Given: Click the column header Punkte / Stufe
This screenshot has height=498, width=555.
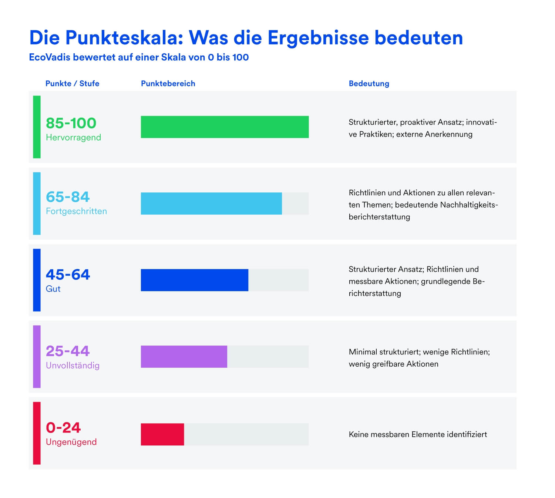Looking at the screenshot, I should [x=72, y=83].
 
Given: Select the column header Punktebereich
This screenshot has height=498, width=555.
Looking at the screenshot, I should [x=168, y=83].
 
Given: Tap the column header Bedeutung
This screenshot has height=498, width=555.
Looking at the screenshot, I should [x=369, y=83].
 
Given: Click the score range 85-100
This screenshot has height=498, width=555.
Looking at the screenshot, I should [x=71, y=123].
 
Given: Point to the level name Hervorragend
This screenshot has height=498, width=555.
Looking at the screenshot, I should [x=73, y=137].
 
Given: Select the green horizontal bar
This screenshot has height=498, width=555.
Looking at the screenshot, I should [x=225, y=127].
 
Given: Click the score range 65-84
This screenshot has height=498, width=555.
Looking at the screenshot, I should [x=68, y=197].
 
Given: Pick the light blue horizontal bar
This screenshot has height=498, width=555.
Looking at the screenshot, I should [x=211, y=203].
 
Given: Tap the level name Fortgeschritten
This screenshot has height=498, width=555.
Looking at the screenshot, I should [x=76, y=211].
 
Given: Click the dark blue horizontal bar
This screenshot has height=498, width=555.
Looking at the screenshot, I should [x=194, y=280].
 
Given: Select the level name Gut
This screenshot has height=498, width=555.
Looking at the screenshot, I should [x=53, y=289].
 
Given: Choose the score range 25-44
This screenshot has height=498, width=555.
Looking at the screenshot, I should [x=68, y=351].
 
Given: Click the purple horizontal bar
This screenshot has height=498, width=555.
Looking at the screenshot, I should [x=184, y=357].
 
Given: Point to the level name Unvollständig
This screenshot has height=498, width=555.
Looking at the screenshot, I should [x=73, y=365].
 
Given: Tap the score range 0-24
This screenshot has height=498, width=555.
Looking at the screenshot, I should [x=63, y=428].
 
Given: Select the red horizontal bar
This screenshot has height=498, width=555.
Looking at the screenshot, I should [x=162, y=434].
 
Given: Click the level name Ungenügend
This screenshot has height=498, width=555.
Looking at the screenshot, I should [x=71, y=442].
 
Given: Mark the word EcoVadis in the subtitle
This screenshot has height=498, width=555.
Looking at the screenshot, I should [x=50, y=57].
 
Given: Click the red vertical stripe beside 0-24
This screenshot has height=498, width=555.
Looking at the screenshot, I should [x=37, y=433].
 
